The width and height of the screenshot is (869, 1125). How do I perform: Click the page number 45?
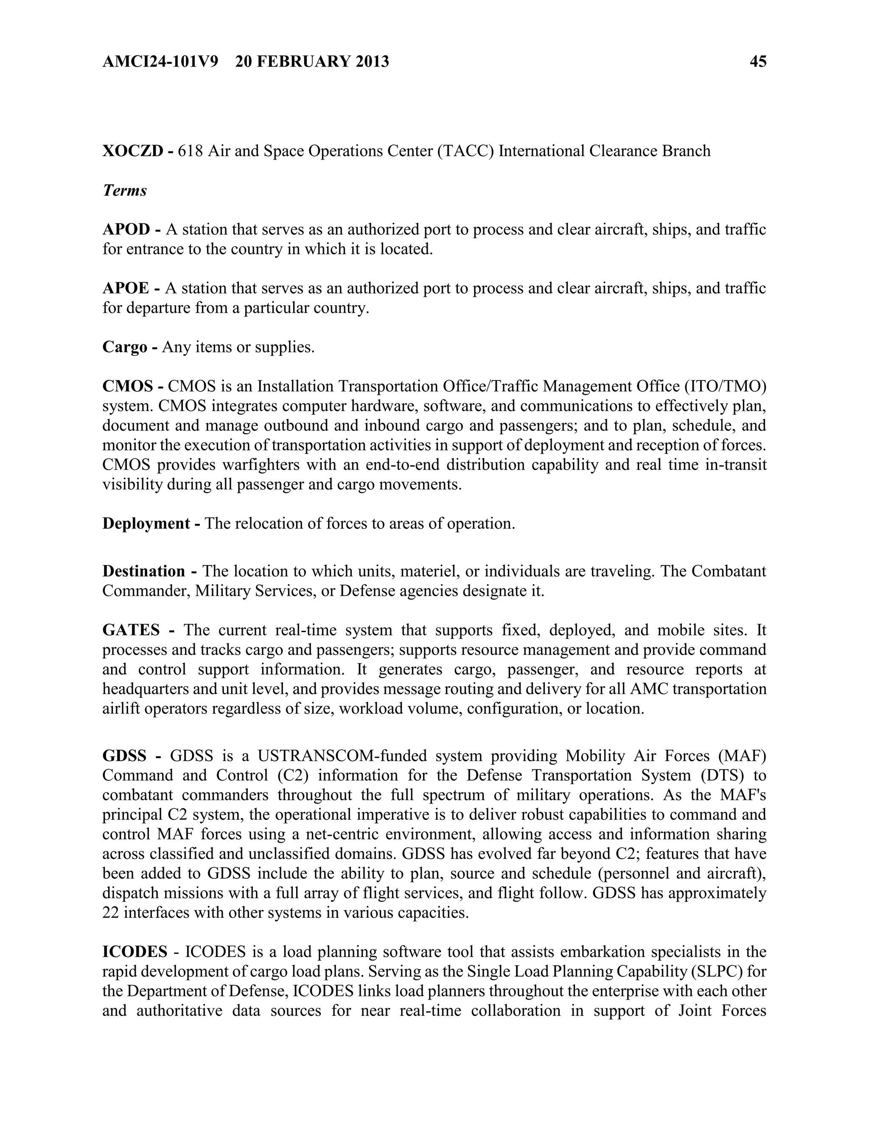click(x=758, y=62)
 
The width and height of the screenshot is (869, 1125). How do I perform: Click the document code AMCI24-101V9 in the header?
click(x=160, y=62)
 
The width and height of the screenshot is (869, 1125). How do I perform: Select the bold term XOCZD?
click(x=133, y=151)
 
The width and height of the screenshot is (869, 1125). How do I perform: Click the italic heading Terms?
click(x=125, y=191)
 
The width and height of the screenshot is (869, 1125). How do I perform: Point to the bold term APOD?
click(x=126, y=230)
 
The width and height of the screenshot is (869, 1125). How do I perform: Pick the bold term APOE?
click(x=126, y=288)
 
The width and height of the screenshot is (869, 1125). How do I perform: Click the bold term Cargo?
click(x=125, y=348)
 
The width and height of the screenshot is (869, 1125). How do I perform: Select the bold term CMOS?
click(x=128, y=386)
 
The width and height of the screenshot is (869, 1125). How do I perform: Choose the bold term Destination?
click(x=144, y=571)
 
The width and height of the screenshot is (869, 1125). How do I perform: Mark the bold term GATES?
click(x=131, y=630)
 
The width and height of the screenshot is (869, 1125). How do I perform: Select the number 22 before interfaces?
click(x=111, y=913)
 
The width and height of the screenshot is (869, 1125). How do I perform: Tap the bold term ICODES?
click(x=135, y=952)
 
